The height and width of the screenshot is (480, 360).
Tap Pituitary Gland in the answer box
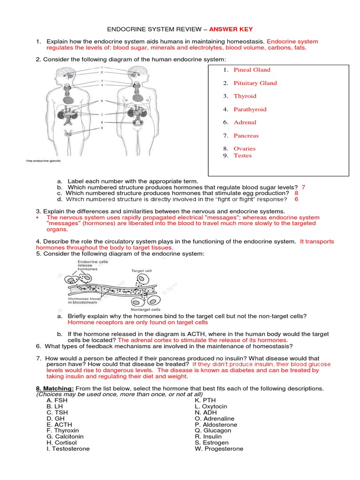click(255, 83)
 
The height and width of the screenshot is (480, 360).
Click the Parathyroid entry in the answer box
click(250, 109)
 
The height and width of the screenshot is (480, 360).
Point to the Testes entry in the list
click(242, 156)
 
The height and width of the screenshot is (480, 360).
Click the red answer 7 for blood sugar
click(303, 187)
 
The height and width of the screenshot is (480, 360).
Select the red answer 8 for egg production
click(296, 193)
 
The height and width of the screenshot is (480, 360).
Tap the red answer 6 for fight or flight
click(296, 199)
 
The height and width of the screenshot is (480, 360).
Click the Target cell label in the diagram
click(137, 271)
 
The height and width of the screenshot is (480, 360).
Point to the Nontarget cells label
click(146, 310)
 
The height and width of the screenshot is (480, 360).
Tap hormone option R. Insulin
click(209, 436)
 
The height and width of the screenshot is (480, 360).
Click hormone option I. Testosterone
click(68, 449)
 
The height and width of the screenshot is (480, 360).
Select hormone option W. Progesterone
click(219, 449)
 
